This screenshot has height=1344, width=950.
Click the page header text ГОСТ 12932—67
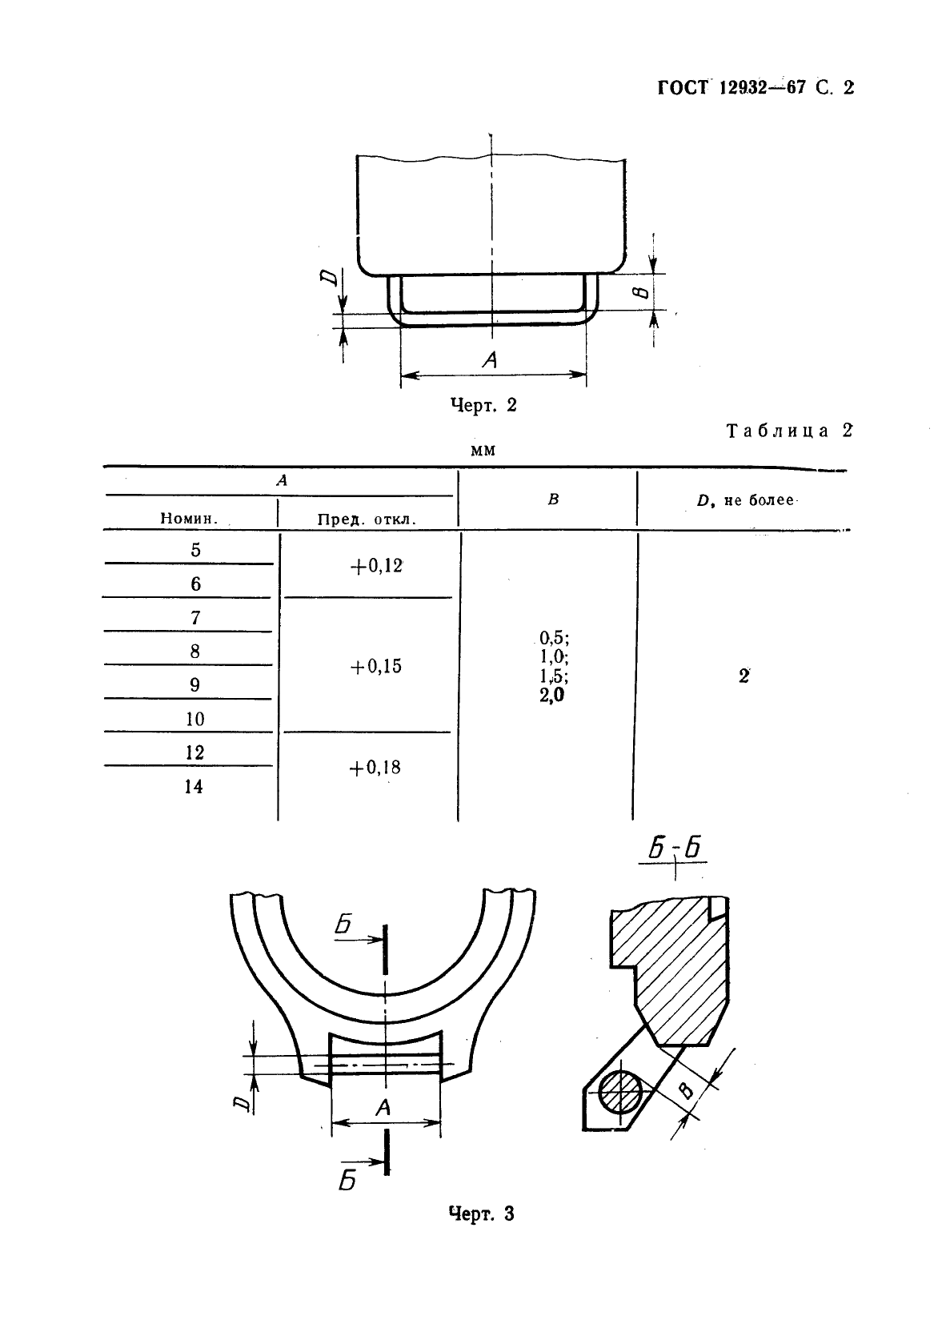[x=731, y=88]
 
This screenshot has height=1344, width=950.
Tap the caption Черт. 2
[x=483, y=405]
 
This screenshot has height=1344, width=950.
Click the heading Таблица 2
[x=789, y=431]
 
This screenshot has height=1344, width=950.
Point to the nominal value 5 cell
[x=195, y=550]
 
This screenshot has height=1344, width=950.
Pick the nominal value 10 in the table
[x=195, y=719]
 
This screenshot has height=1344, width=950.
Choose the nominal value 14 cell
[x=194, y=786]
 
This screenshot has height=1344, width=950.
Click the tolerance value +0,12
[x=376, y=566]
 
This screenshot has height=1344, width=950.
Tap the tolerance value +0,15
[x=376, y=667]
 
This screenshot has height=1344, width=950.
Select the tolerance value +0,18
[x=375, y=768]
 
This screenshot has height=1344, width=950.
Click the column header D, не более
[x=745, y=500]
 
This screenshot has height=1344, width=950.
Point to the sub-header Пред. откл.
[x=367, y=519]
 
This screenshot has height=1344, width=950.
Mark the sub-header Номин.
[x=189, y=519]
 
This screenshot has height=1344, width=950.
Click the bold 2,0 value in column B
[x=551, y=696]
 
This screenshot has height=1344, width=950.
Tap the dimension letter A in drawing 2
[x=491, y=360]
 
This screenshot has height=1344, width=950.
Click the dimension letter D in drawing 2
[x=328, y=277]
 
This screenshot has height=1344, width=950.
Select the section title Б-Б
[x=675, y=849]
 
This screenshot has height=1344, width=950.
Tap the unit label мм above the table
[x=483, y=451]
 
